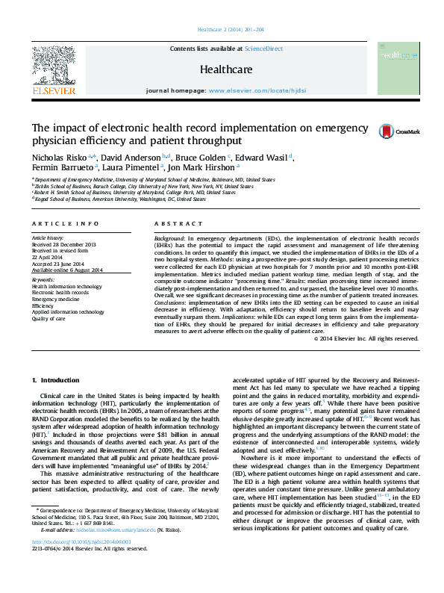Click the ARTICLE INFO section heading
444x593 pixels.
coord(65,224)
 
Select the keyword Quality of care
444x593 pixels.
coord(49,319)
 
